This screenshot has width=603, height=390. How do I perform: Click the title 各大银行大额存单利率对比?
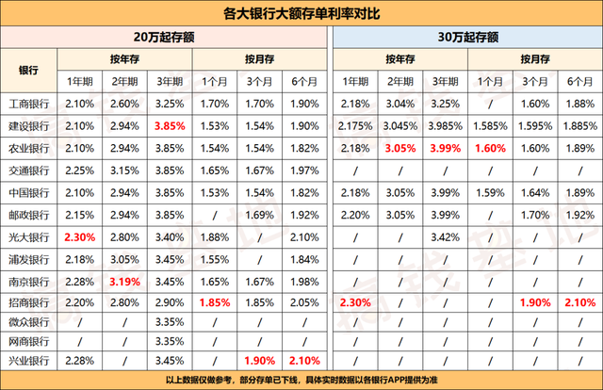click(301, 13)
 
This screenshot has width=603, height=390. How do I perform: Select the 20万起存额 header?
click(166, 38)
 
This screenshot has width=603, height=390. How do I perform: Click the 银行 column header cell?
click(28, 71)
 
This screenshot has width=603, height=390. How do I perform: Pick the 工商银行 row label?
click(28, 103)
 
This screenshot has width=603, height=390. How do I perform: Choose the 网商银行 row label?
click(28, 340)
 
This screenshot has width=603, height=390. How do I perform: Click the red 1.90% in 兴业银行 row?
click(260, 361)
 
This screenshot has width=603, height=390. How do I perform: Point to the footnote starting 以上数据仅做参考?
click(301, 380)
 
